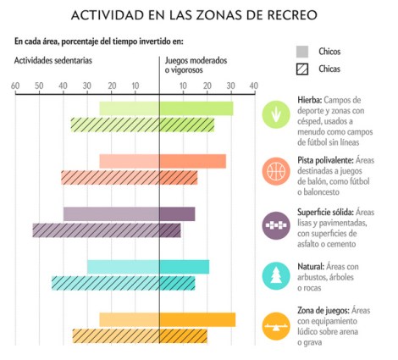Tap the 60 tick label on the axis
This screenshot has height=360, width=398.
click(x=15, y=86)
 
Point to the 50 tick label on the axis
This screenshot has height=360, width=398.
click(x=39, y=86)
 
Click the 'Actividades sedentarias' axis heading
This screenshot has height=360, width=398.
click(x=53, y=61)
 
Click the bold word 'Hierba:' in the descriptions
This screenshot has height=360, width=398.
click(x=310, y=99)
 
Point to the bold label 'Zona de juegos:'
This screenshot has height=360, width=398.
click(x=324, y=310)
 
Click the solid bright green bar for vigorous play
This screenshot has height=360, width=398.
click(x=196, y=108)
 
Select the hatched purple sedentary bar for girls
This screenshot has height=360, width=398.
click(x=96, y=230)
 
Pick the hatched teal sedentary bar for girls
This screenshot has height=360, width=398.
click(x=105, y=283)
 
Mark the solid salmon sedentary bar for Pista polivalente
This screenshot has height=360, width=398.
click(x=129, y=161)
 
